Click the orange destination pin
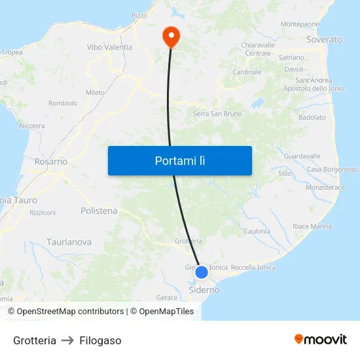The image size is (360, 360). [x=171, y=35]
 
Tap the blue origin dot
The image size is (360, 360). [x=202, y=272]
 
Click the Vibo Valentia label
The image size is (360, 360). [x=109, y=47]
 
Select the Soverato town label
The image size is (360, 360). [x=324, y=40]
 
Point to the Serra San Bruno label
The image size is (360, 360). [x=217, y=114]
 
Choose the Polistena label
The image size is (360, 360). [x=99, y=211]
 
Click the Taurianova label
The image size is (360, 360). [x=69, y=242]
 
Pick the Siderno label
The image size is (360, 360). [x=204, y=289]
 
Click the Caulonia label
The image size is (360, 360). [x=257, y=231]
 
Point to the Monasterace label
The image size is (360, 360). [x=325, y=187]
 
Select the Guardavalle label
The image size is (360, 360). [x=302, y=156]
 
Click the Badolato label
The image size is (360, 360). [x=312, y=118]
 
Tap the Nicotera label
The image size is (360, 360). [x=32, y=126]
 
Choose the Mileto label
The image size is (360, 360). [x=95, y=93]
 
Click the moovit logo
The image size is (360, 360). [x=321, y=339]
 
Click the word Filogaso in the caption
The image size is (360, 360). [x=100, y=340]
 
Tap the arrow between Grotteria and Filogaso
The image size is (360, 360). [x=68, y=340]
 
